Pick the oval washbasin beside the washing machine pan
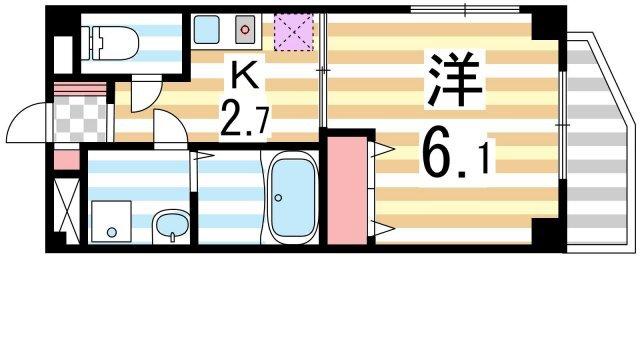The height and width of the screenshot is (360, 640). [x=172, y=226]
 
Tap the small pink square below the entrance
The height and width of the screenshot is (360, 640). [x=64, y=159]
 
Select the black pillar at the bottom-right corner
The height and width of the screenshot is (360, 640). [x=546, y=237]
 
